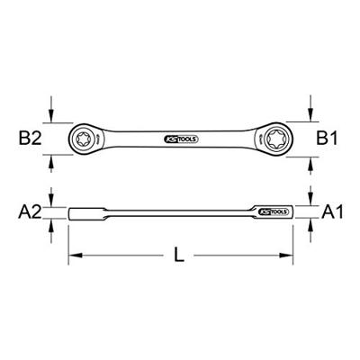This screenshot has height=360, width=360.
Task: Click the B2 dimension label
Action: pyautogui.click(x=31, y=139)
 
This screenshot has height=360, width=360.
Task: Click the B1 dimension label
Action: pyautogui.click(x=328, y=139)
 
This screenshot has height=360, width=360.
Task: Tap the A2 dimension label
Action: pyautogui.click(x=31, y=212)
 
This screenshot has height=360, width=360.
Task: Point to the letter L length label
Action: pyautogui.click(x=179, y=256)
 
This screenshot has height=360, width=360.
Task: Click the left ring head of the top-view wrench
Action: pyautogui.click(x=86, y=139)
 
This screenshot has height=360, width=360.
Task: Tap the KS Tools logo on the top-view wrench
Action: pyautogui.click(x=179, y=139)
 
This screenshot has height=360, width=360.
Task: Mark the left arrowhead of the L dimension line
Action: pyautogui.click(x=75, y=256)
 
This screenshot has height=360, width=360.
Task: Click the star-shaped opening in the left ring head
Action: pyautogui.click(x=85, y=139)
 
